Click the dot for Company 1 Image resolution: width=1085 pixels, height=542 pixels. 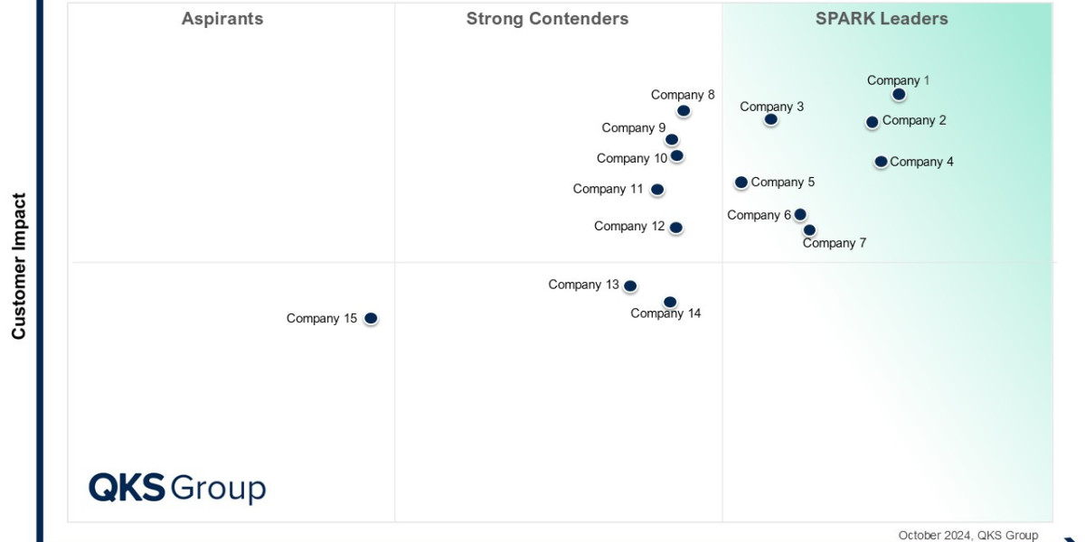coord(899,94)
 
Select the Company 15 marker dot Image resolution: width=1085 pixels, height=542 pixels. coord(371,318)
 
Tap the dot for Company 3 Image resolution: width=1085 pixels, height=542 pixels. coord(770,119)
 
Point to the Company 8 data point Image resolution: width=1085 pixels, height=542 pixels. coord(684,111)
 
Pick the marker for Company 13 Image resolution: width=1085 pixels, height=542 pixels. coord(630,286)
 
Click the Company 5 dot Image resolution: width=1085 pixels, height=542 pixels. coord(741,182)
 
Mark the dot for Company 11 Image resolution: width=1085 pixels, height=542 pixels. coord(657,190)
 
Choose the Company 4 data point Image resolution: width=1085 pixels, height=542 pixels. coord(881,162)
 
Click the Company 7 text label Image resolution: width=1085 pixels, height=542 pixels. coord(835,243)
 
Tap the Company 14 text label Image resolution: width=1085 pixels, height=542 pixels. coord(665,313)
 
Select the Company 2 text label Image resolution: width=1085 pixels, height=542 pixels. coord(914,120)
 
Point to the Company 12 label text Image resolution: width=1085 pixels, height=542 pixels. coord(629,226)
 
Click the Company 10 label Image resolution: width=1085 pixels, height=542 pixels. coord(632,158)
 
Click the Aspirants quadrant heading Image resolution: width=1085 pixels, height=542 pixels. coord(222,19)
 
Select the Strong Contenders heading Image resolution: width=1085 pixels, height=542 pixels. coord(547,19)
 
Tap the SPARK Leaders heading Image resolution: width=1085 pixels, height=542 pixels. coord(882,19)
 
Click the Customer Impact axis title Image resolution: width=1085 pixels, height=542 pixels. coord(19,266)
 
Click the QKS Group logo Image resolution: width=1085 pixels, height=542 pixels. coord(177,488)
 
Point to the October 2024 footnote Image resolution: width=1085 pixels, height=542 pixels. coord(968,535)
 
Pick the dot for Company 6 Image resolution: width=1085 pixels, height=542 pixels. coord(800,215)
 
